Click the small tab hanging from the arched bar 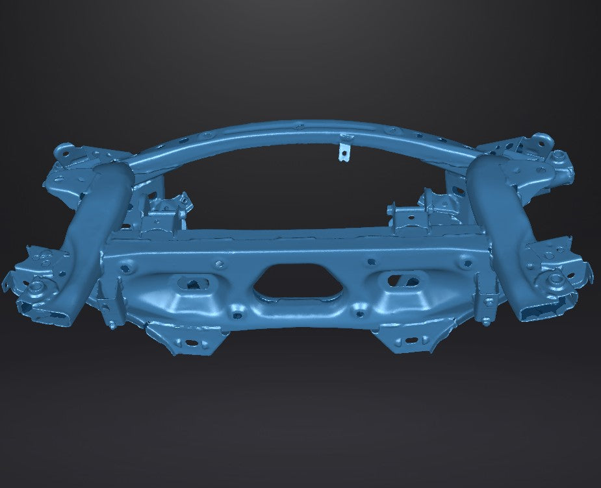[x=344, y=150]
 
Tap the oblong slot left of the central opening [x=193, y=283]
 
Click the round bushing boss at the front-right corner [x=556, y=280]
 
